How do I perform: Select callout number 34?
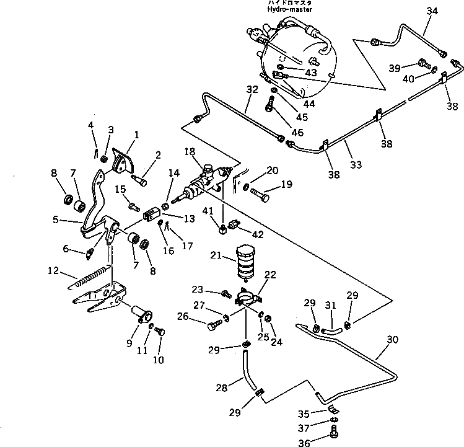[x=432, y=11]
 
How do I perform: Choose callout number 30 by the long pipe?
[x=392, y=340]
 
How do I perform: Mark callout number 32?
[x=251, y=89]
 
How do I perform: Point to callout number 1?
[x=136, y=134]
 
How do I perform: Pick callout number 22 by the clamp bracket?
[x=271, y=275]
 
